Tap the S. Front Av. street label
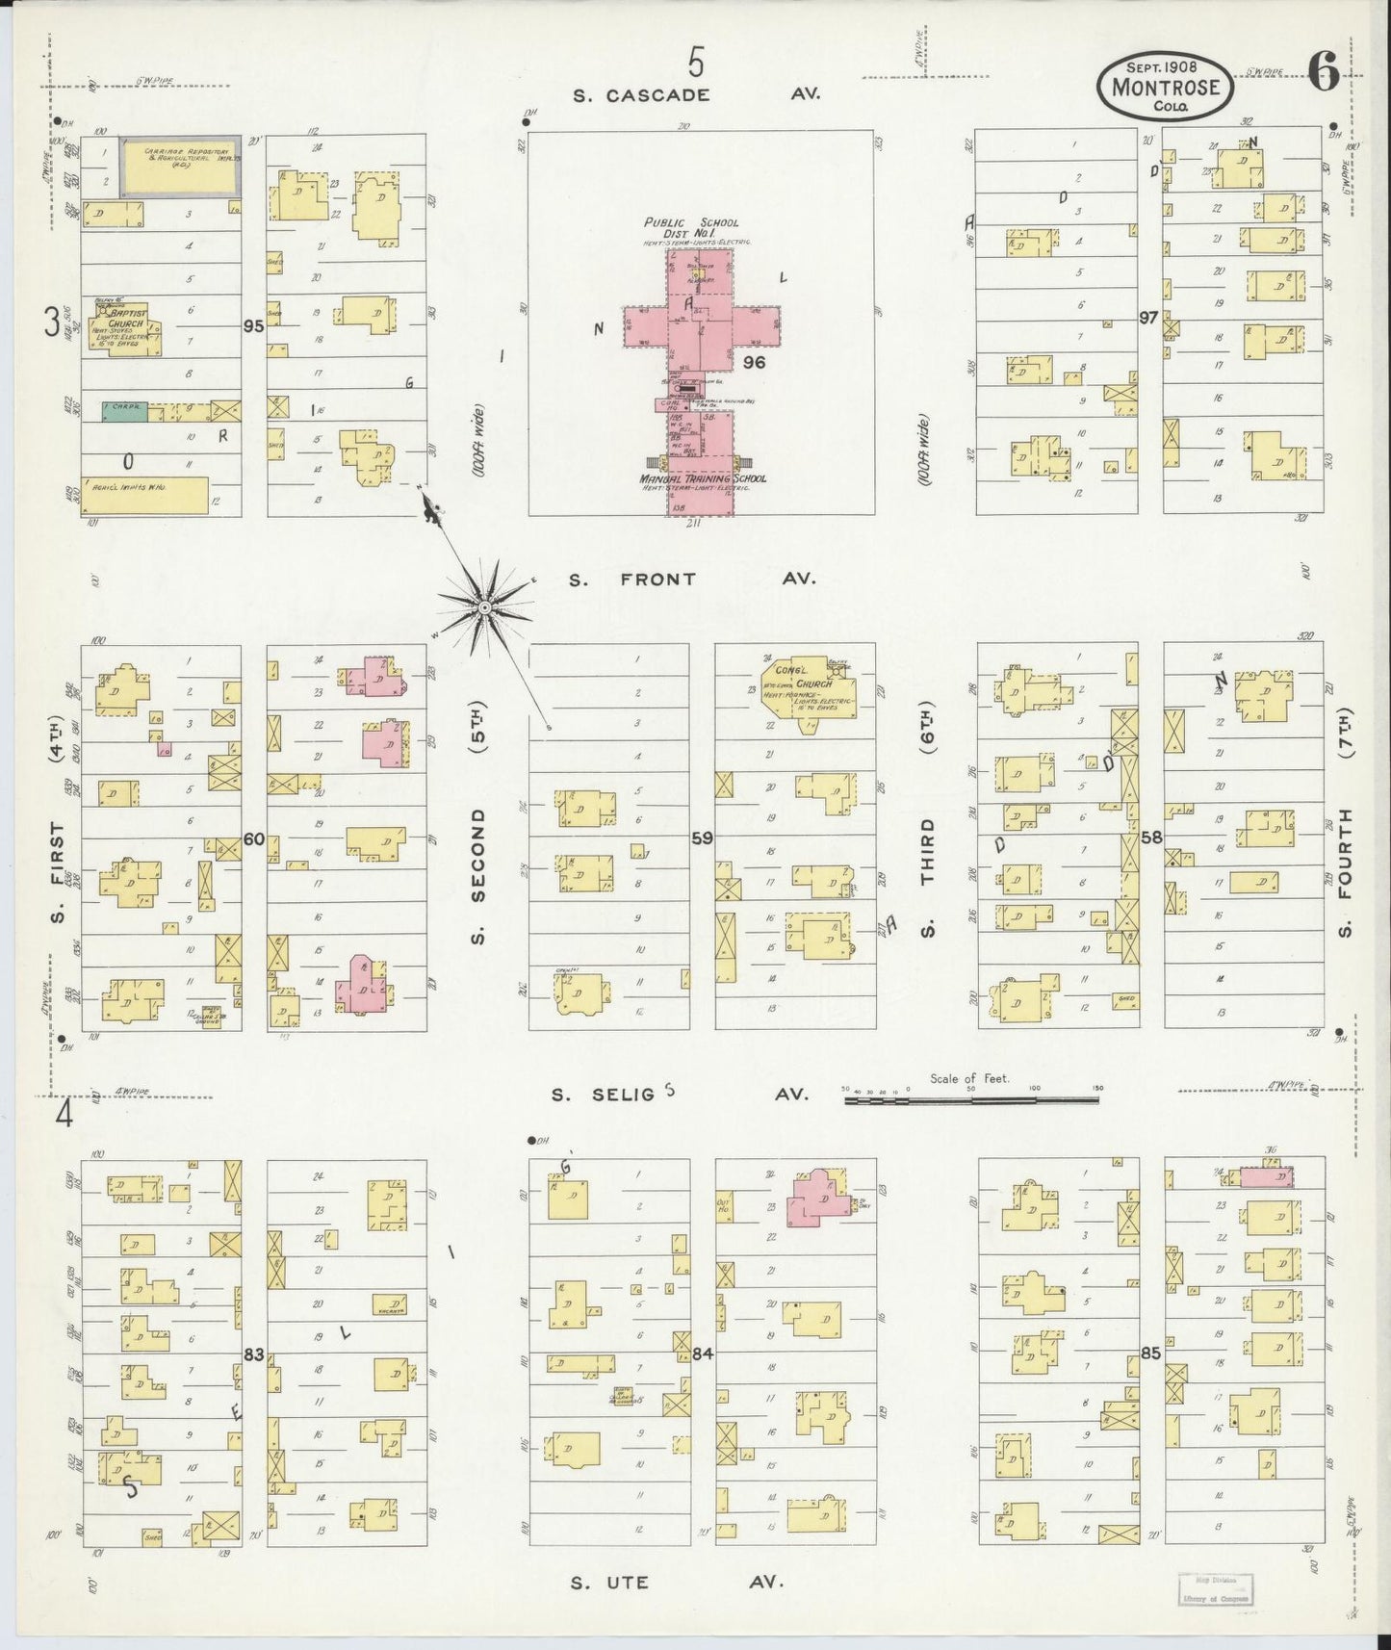pos(691,580)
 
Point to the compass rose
pos(485,606)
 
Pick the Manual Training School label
pos(701,478)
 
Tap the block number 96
pos(754,364)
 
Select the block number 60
pos(253,839)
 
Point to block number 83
pos(253,1354)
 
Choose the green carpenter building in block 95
pos(125,411)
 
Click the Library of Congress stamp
pos(1214,1587)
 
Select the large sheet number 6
pos(1324,75)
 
